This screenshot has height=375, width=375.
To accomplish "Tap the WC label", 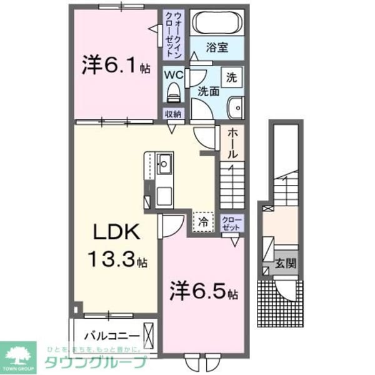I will coord(173,74).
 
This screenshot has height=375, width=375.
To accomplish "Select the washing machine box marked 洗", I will coord(231,79).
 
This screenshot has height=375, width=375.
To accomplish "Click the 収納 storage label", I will coord(173,114).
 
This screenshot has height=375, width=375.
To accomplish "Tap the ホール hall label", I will coord(232,143).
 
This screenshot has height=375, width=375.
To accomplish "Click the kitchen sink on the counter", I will coord(166,165).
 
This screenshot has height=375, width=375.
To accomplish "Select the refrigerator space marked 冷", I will coord(204,221).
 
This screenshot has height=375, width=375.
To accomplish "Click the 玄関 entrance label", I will coord(287,263).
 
